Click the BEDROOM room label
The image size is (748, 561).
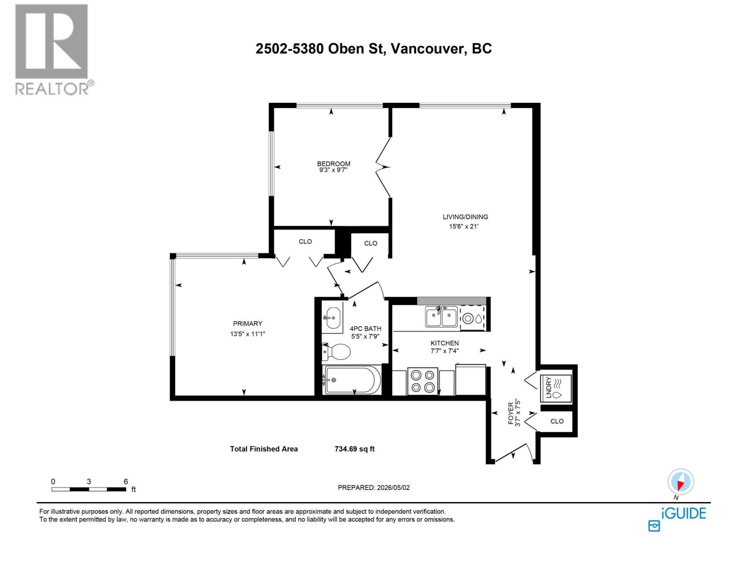coord(333,164)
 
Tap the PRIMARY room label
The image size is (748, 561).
coord(247,323)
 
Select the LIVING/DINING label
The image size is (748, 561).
coord(465,216)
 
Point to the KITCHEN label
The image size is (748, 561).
coord(445,343)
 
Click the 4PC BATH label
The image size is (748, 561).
coord(365,329)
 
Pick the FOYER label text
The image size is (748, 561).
coord(511,413)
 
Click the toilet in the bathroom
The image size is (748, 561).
coord(336,352)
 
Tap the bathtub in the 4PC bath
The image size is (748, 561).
coord(352,380)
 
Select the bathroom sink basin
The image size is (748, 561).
coord(332,318)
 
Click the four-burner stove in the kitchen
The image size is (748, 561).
coord(423,381)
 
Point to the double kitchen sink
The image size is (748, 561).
coord(441,316)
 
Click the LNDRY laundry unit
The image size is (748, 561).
coord(556,388)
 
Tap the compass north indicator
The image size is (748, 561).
coord(681,482)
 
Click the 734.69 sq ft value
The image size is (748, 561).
coord(354,449)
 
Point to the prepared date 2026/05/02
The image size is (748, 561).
coord(393,488)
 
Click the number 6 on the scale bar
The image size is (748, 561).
coord(125,482)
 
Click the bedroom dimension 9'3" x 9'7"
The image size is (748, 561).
coord(333,170)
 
